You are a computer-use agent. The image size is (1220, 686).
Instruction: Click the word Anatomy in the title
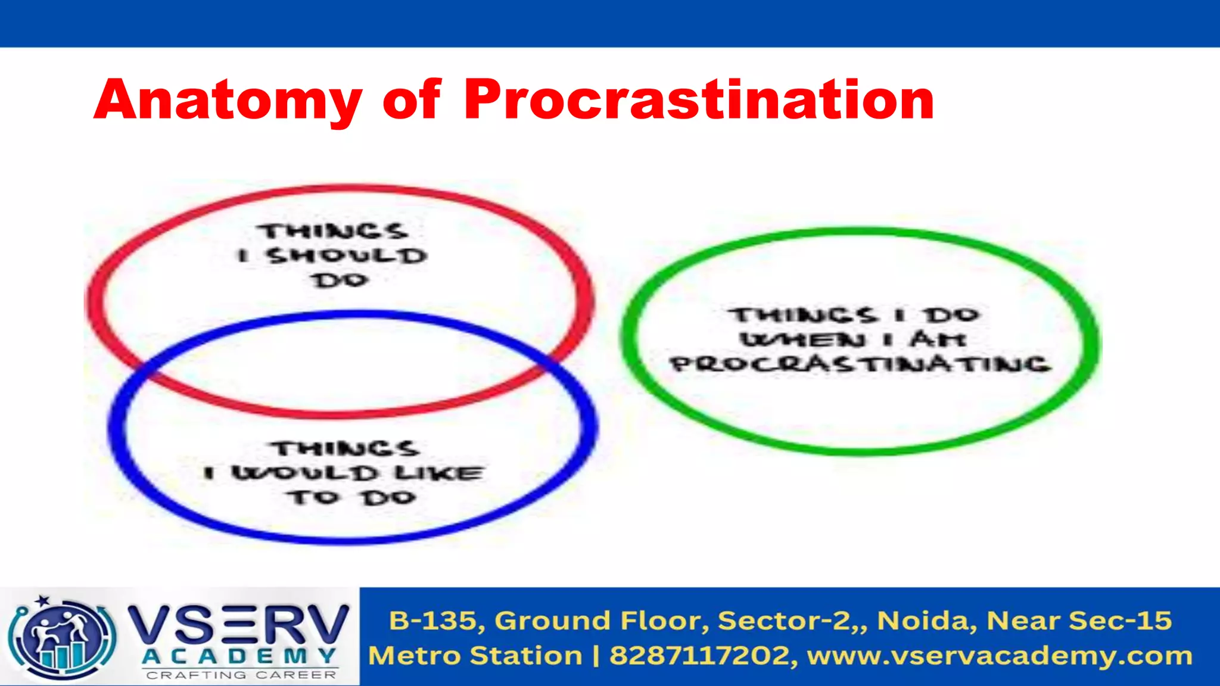pyautogui.click(x=228, y=100)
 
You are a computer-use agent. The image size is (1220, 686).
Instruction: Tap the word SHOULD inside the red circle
pyautogui.click(x=347, y=256)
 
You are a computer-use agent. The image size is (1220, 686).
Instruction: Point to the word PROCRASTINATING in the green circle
pyautogui.click(x=860, y=364)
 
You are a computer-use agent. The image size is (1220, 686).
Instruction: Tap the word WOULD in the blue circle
pyautogui.click(x=305, y=473)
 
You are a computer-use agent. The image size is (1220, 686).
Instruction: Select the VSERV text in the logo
pyautogui.click(x=238, y=625)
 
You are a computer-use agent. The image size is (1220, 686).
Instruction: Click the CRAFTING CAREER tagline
pyautogui.click(x=241, y=675)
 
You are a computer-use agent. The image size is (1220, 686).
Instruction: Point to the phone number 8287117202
pyautogui.click(x=699, y=656)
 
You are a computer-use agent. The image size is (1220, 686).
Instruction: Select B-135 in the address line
pyautogui.click(x=433, y=620)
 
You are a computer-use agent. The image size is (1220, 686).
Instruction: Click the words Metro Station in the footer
pyautogui.click(x=475, y=656)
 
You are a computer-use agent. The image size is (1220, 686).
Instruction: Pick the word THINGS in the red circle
pyautogui.click(x=332, y=231)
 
